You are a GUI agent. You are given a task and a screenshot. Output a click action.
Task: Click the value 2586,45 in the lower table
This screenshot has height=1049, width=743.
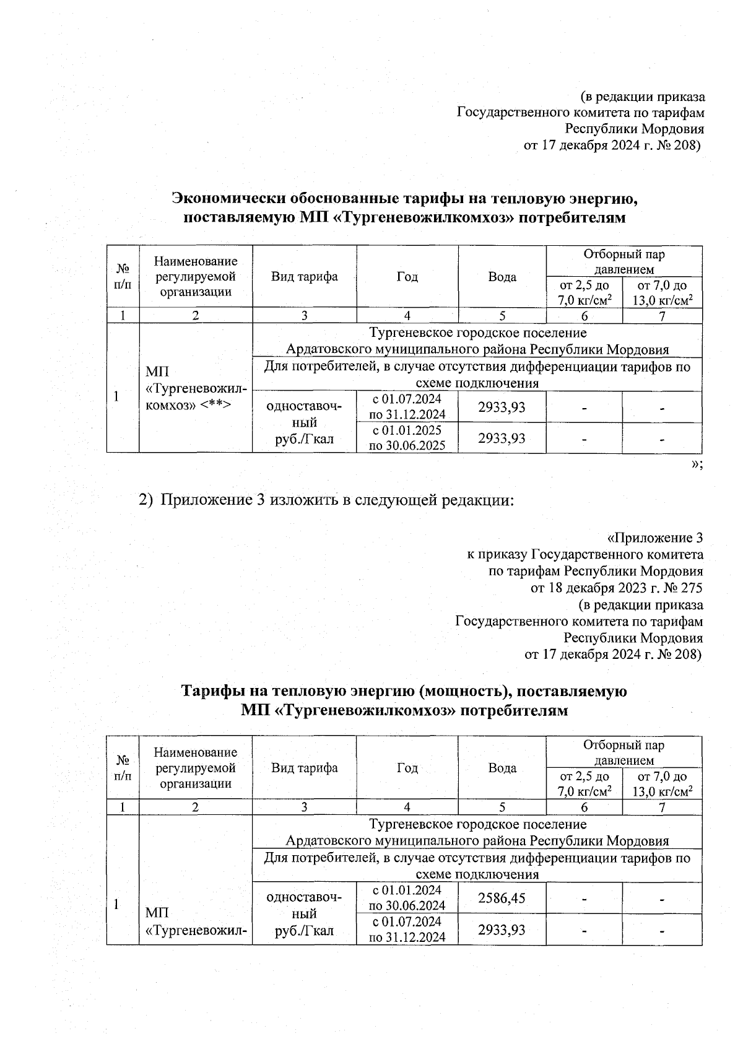coord(502,897)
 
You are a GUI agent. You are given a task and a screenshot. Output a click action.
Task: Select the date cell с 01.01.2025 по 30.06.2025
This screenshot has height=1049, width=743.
coord(407,437)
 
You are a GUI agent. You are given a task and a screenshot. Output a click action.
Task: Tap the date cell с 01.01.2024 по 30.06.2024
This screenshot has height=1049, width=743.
coord(407,897)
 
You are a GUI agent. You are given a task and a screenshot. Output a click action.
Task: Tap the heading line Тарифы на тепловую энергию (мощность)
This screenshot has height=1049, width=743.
coord(404,690)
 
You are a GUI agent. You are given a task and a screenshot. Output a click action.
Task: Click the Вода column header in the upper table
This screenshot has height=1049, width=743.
coord(502,277)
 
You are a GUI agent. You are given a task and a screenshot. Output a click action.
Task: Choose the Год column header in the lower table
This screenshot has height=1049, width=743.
coord(407,768)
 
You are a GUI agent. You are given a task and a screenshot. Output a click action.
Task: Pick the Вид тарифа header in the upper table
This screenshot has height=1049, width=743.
coord(304,277)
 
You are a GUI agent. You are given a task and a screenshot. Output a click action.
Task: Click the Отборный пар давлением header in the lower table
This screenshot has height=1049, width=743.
coord(624,752)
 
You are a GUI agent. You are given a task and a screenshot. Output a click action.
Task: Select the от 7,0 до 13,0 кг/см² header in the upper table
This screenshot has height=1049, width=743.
coord(662,292)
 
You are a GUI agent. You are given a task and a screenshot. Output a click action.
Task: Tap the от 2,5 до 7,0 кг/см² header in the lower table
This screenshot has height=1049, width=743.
coord(584,783)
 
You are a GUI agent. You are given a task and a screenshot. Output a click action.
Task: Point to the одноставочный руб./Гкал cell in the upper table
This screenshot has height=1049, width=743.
coord(304,422)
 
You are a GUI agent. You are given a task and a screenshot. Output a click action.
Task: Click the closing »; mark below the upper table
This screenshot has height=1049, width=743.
coord(697,464)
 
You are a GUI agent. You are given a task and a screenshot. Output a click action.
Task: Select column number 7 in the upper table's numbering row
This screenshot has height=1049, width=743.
coord(662,316)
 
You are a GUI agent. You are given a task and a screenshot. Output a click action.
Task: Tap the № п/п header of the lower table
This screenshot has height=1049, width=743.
coord(123,768)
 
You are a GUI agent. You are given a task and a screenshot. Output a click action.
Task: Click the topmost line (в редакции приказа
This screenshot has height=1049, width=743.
coord(643,97)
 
